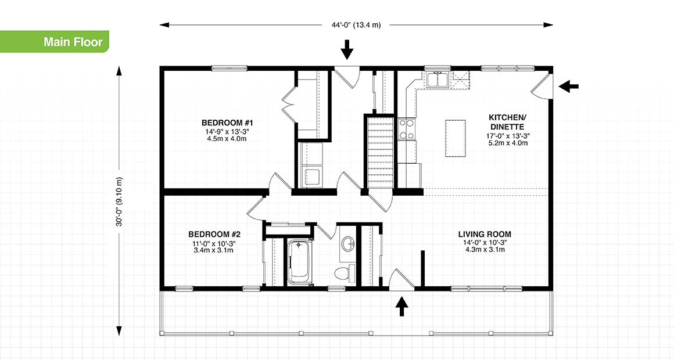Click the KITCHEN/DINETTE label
pyautogui.click(x=507, y=123)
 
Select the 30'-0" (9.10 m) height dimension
pyautogui.click(x=119, y=200)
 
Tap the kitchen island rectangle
pyautogui.click(x=456, y=138)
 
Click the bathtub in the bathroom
pyautogui.click(x=300, y=262)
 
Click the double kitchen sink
pyautogui.click(x=436, y=80)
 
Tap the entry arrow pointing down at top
pyautogui.click(x=347, y=49)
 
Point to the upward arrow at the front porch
pyautogui.click(x=401, y=306)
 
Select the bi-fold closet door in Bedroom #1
pyautogui.click(x=289, y=105)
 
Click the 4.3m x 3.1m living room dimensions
pyautogui.click(x=485, y=250)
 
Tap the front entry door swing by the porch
pyautogui.click(x=400, y=279)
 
